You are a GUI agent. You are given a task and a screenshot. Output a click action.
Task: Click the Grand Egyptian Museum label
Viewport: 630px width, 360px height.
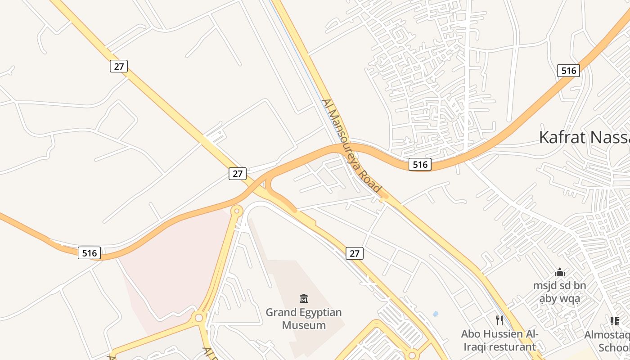(303, 319)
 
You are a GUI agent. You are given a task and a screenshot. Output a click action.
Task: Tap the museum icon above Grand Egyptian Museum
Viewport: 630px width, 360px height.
(304, 298)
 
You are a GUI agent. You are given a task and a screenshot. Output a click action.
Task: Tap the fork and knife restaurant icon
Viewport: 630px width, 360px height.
(499, 320)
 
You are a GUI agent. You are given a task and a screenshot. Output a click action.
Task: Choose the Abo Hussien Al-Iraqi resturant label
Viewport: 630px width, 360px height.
(499, 340)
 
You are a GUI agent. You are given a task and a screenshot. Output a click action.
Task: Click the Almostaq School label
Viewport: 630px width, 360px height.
(607, 341)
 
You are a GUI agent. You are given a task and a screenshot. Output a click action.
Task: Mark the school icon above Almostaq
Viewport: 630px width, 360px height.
(614, 321)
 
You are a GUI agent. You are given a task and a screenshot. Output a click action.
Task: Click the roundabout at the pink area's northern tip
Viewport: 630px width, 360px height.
(237, 211)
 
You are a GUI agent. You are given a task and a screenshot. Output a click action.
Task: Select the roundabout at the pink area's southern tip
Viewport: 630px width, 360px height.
(198, 318)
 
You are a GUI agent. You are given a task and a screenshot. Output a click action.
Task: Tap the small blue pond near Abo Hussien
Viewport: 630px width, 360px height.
(435, 314)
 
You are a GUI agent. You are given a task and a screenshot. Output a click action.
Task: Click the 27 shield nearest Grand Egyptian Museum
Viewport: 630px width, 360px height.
(355, 253)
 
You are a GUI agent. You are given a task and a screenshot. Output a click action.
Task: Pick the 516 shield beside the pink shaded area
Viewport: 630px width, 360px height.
(89, 253)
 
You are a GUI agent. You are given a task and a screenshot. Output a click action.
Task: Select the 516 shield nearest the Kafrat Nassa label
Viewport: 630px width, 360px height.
(568, 71)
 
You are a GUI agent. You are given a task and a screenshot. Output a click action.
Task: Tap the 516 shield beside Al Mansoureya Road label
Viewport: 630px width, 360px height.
(420, 164)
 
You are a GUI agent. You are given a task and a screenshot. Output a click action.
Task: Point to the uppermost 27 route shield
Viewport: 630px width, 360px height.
(119, 66)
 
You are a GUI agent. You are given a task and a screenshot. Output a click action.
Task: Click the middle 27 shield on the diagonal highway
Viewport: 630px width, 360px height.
(238, 173)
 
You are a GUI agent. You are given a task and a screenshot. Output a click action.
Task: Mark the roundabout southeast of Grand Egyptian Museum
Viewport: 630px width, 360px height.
(412, 355)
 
